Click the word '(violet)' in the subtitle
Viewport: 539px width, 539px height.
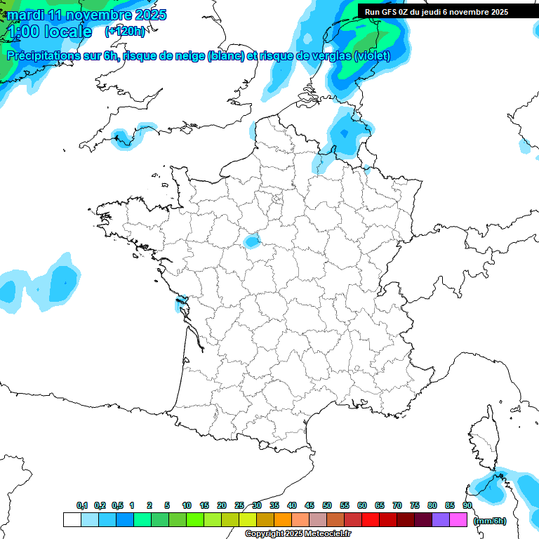click(x=372, y=56)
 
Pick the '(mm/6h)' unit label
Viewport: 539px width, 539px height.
click(x=489, y=520)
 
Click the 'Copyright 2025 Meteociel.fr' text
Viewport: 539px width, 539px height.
click(x=298, y=533)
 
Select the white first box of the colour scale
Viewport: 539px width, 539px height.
click(x=72, y=520)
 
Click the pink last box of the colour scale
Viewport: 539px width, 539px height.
click(x=458, y=520)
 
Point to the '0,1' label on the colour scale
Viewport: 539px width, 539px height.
click(x=82, y=505)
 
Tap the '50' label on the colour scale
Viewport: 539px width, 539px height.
click(x=327, y=505)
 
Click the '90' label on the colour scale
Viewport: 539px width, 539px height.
click(x=467, y=505)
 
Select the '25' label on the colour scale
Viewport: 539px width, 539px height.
click(x=239, y=505)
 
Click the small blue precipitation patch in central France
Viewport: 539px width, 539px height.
click(x=251, y=241)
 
